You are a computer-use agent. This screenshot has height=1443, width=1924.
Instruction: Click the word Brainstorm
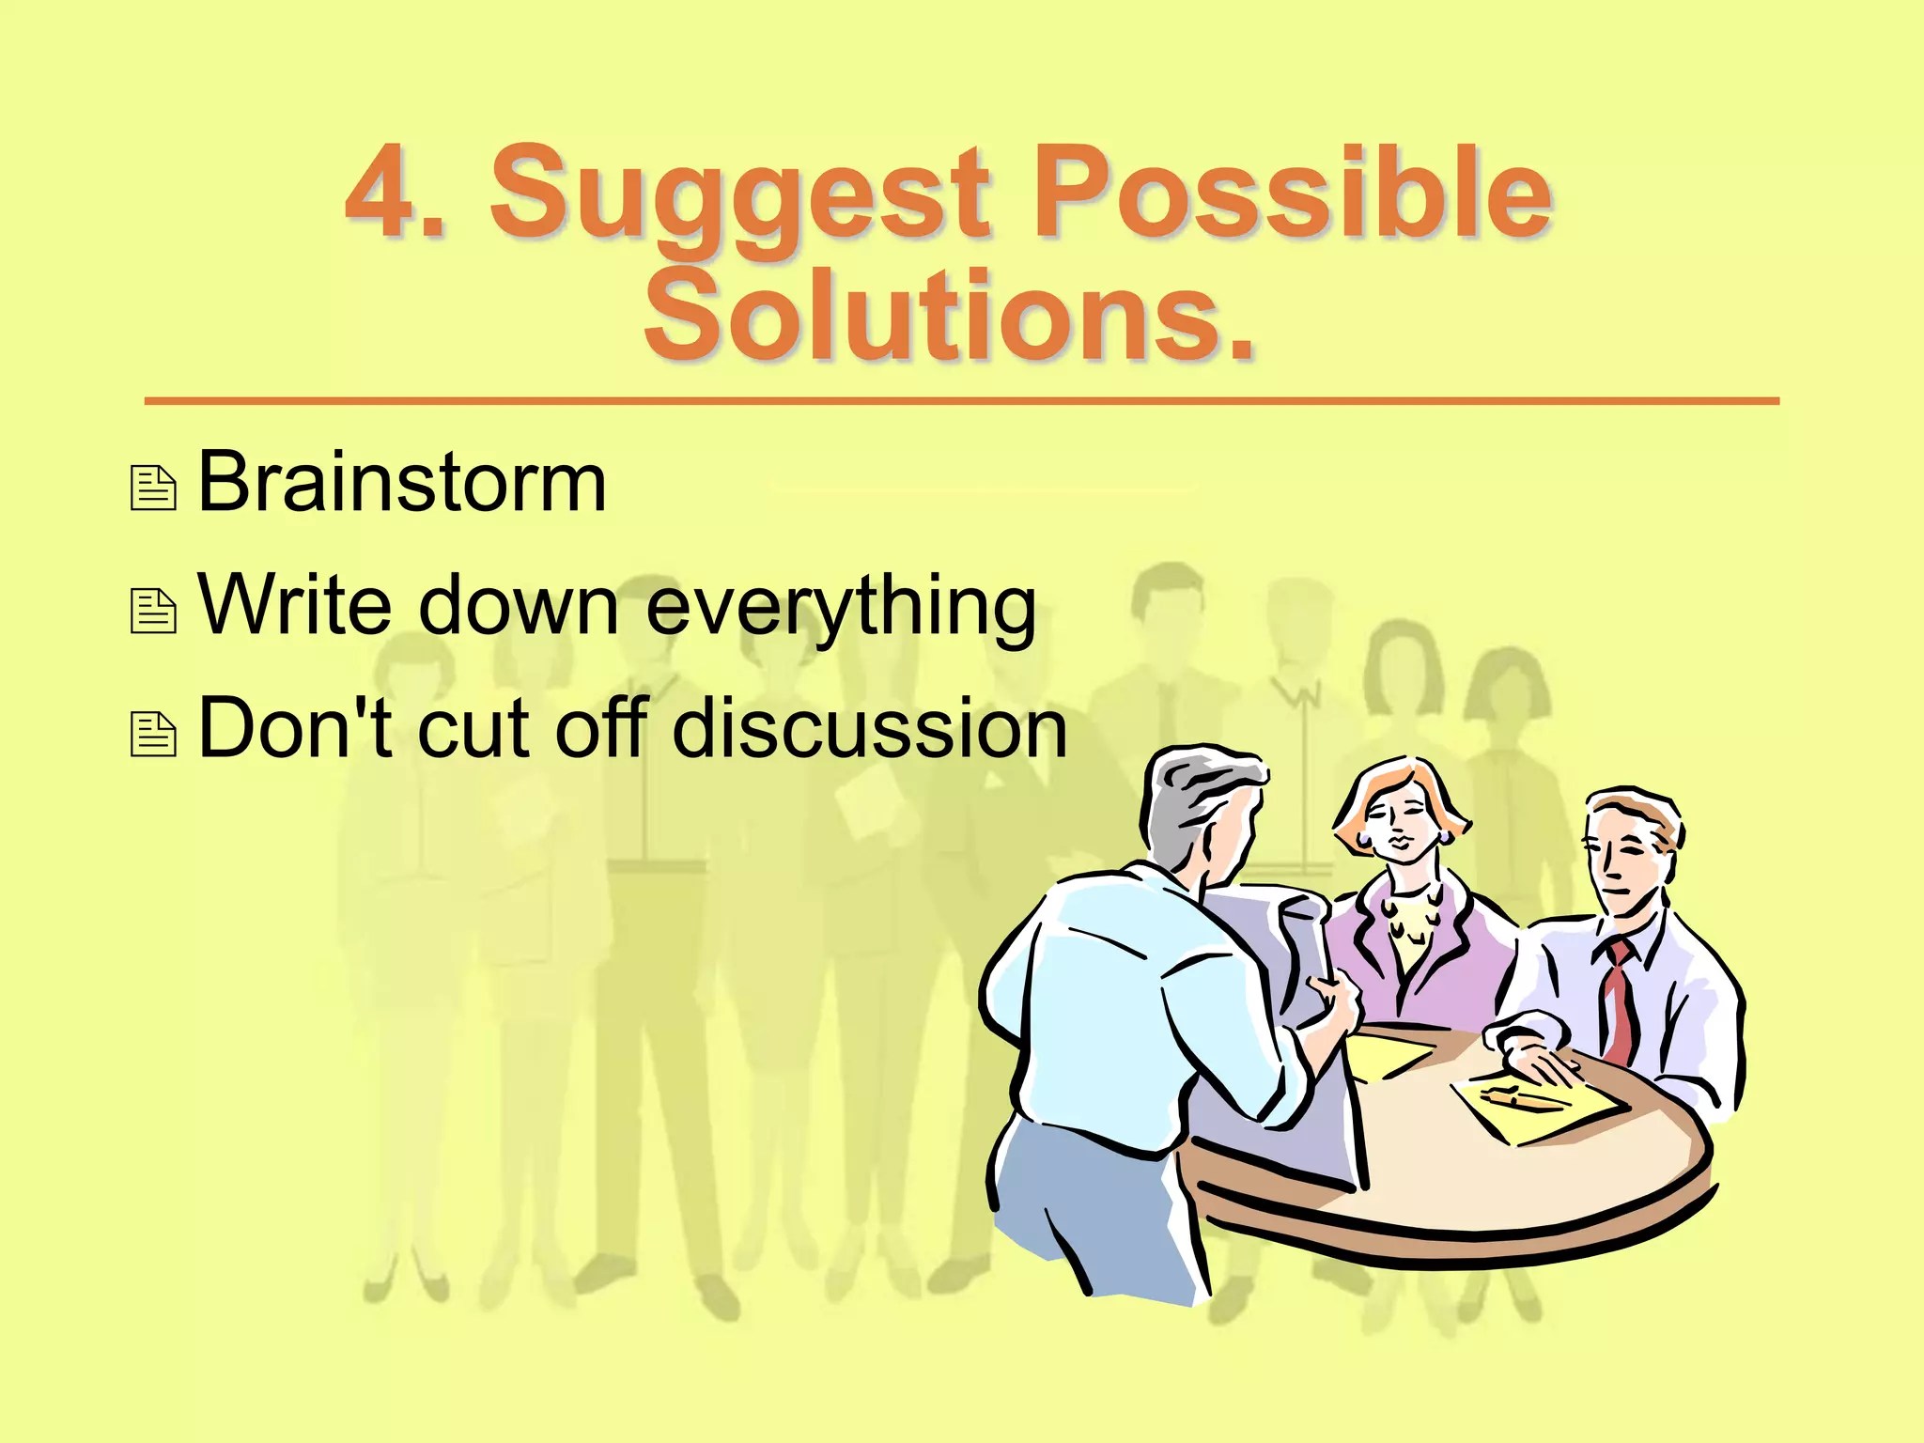pos(402,482)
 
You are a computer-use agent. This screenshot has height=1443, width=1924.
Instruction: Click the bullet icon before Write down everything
pos(153,612)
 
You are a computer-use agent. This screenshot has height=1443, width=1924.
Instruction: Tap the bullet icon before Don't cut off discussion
pos(153,735)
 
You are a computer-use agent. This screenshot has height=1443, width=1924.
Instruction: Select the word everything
pos(841,608)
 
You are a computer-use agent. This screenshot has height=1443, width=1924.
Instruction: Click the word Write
pos(293,604)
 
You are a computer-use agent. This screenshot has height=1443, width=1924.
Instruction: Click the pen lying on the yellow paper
pos(1520,1095)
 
